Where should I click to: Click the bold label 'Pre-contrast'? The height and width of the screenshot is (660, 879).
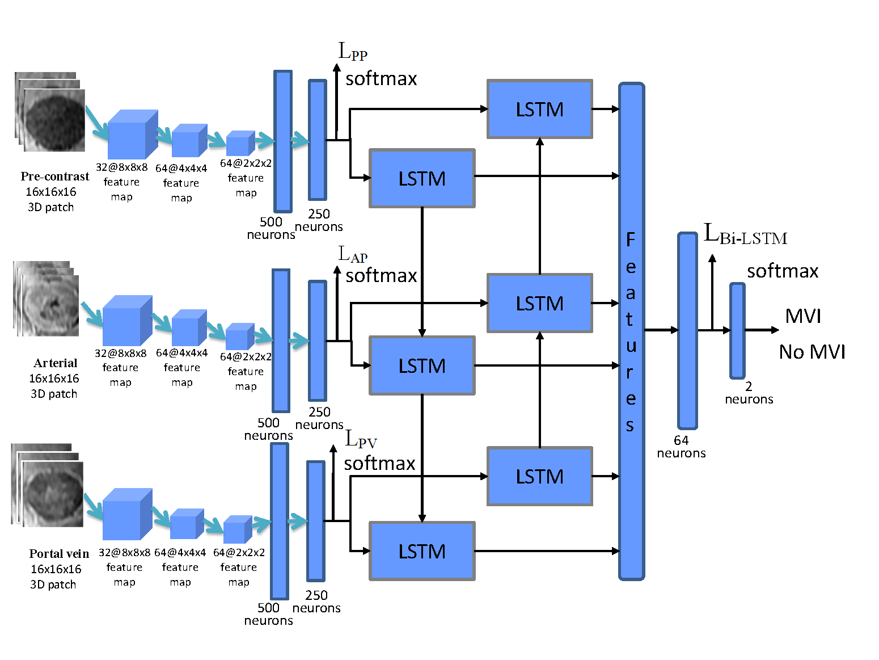click(55, 176)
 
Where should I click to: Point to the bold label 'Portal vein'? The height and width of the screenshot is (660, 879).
click(59, 554)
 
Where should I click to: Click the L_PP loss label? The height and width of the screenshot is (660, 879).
click(353, 52)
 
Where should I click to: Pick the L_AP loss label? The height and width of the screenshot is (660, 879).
click(353, 255)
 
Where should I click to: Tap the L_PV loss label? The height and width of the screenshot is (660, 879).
click(361, 440)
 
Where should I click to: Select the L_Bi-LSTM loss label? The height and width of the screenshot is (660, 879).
click(745, 234)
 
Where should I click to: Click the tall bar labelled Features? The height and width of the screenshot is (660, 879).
click(631, 332)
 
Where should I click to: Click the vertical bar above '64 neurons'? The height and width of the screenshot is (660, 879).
click(687, 330)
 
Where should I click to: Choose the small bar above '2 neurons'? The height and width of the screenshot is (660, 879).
click(737, 330)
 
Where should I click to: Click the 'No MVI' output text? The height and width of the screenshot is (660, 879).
click(812, 352)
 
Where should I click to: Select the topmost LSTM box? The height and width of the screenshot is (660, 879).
click(540, 109)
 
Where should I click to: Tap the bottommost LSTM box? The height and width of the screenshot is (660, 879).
click(422, 551)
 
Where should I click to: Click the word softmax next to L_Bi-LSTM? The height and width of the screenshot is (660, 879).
click(783, 271)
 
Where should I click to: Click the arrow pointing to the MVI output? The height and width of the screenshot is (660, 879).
click(762, 330)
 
